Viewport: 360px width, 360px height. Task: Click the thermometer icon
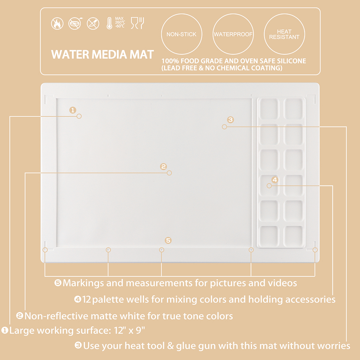click(x=109, y=23)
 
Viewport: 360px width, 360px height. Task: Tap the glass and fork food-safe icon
click(x=137, y=23)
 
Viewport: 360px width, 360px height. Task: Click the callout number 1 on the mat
click(x=73, y=110)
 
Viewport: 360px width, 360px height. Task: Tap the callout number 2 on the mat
click(x=163, y=166)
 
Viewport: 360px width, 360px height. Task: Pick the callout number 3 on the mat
click(x=230, y=120)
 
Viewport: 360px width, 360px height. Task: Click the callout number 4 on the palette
click(x=275, y=180)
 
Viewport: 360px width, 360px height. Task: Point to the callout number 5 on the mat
click(x=168, y=240)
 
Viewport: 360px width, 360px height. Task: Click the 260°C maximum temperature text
click(x=120, y=22)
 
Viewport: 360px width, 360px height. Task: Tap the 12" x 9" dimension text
click(x=130, y=330)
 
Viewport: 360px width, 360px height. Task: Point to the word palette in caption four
click(x=108, y=300)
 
